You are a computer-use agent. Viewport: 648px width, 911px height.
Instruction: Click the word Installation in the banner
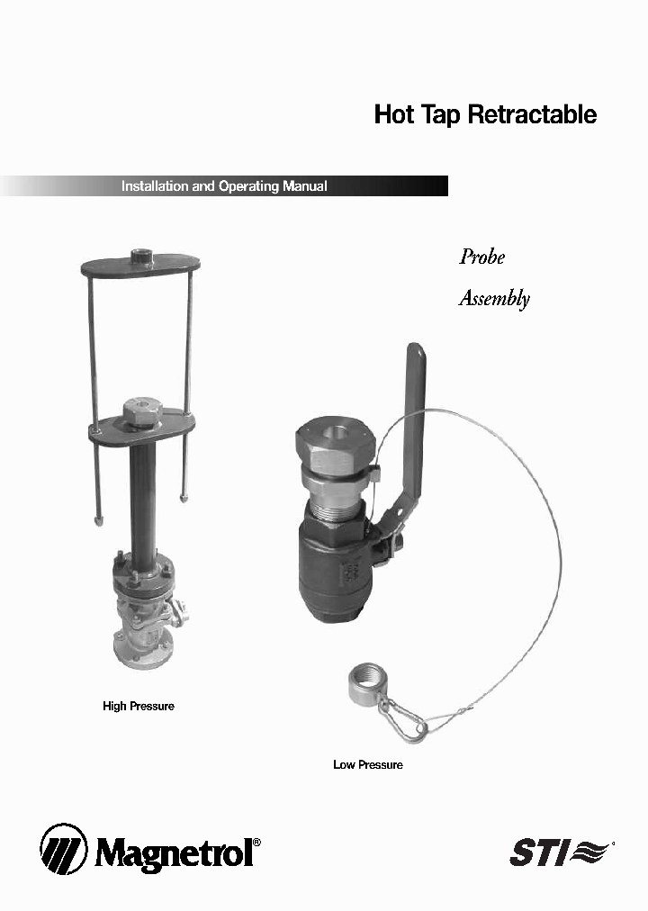155,186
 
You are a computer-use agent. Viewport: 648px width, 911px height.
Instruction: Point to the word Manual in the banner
304,186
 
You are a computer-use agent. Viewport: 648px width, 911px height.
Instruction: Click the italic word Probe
482,257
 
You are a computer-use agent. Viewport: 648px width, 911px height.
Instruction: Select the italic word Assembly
494,299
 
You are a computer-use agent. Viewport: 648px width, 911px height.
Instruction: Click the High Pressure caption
139,707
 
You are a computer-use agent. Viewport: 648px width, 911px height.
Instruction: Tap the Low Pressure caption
368,765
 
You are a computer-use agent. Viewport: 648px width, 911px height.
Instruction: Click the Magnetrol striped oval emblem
63,849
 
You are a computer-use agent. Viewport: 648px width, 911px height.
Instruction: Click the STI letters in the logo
537,852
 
